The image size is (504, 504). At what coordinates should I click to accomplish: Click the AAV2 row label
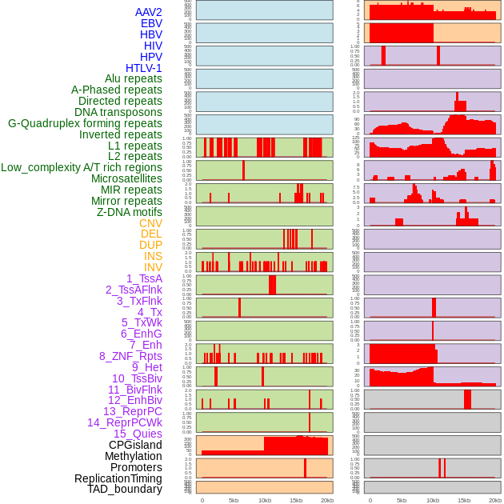(148, 12)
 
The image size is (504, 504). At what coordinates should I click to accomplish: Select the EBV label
(150, 23)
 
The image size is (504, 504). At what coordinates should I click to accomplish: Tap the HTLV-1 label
(143, 68)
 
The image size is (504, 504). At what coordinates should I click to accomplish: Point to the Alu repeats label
(133, 78)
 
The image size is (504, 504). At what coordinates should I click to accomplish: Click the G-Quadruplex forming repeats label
(85, 123)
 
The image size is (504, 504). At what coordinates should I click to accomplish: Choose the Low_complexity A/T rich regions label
(81, 167)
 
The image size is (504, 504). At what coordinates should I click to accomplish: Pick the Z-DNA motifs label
(129, 212)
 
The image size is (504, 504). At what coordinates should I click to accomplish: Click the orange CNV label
(150, 223)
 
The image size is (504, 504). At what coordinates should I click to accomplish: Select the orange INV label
(153, 267)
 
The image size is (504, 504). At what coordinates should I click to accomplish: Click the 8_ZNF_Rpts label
(130, 356)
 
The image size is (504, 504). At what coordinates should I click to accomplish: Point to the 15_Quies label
(138, 434)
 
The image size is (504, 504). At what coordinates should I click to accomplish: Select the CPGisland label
(135, 445)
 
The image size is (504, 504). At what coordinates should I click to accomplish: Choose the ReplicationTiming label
(118, 478)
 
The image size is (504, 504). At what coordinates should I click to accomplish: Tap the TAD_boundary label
(124, 489)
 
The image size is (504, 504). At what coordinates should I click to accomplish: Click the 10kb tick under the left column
(264, 500)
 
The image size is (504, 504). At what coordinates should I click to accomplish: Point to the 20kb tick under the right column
(495, 500)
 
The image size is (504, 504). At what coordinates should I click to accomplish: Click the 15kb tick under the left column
(295, 500)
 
